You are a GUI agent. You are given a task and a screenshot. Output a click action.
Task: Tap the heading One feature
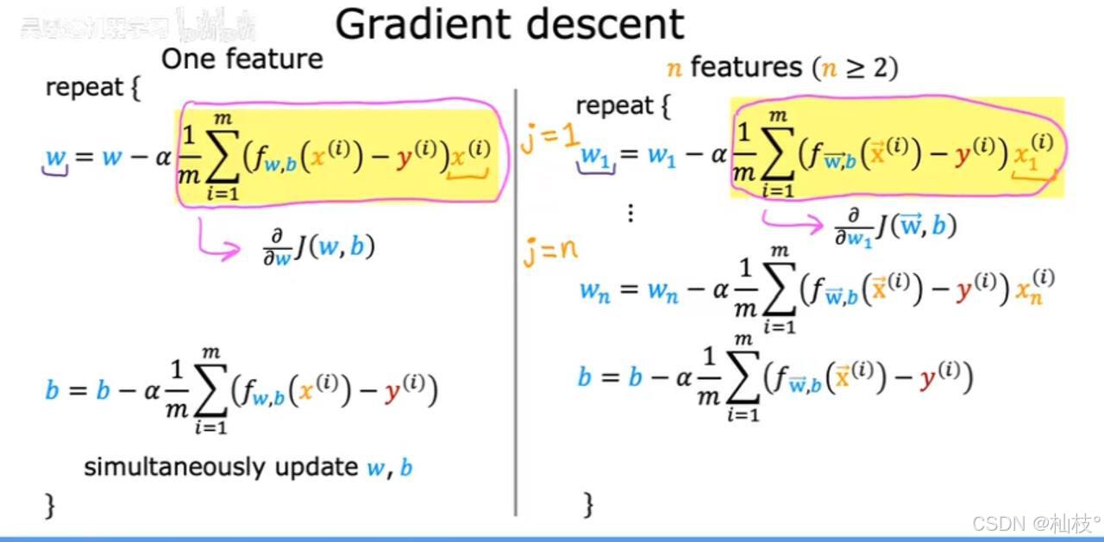point(241,59)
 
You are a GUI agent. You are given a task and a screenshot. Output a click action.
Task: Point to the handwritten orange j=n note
point(549,252)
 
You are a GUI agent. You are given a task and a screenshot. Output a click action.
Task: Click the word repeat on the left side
point(84,88)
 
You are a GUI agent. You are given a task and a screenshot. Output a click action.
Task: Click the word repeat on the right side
point(614,107)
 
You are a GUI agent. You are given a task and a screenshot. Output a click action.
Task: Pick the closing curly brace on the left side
point(50,505)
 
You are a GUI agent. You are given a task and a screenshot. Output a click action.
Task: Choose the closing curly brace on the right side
point(589,505)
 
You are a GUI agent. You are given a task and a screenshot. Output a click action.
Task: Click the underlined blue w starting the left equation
point(55,158)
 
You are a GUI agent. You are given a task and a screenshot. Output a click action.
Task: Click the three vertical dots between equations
point(630,214)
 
